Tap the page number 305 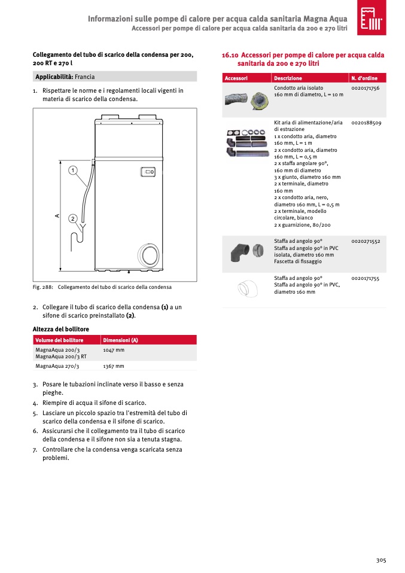click(381, 560)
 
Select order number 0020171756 click(366, 88)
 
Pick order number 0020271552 click(366, 240)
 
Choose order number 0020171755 click(366, 278)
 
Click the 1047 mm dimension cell click(114, 350)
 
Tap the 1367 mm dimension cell click(114, 366)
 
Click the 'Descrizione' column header click(288, 78)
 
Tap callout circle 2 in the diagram click(72, 218)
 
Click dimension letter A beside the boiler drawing click(57, 215)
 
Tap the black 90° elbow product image click(243, 252)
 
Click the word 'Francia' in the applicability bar click(84, 77)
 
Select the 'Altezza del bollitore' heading click(60, 329)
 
